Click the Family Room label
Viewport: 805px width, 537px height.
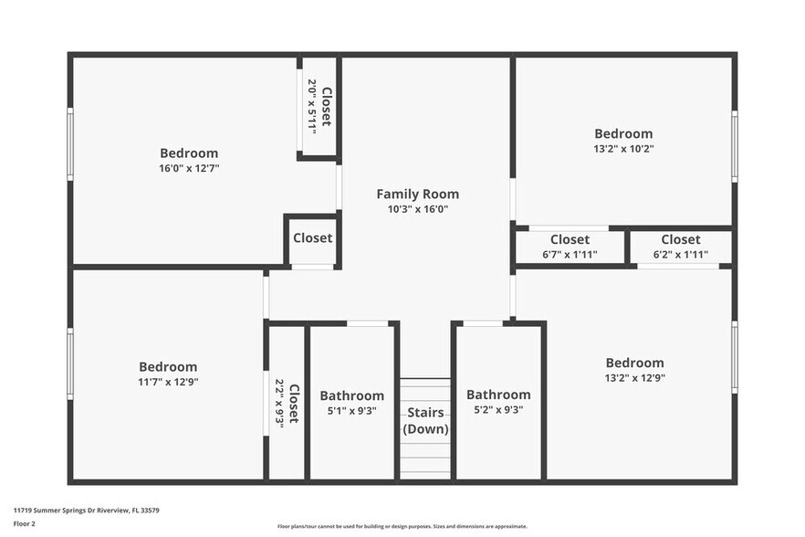tap(417, 194)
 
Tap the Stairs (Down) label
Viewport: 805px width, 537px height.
tap(425, 420)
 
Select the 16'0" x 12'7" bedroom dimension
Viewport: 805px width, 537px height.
tap(189, 168)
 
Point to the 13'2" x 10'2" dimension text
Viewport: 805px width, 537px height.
tap(623, 148)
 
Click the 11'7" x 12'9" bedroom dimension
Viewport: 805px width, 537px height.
tap(168, 382)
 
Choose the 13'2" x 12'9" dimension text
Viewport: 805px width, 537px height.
tap(634, 377)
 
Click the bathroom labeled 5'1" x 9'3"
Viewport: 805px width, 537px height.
tap(351, 403)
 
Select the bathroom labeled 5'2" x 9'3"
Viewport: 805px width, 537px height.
tap(498, 402)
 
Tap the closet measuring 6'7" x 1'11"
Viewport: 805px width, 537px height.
tap(570, 247)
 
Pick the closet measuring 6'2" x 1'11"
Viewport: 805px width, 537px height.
tap(681, 247)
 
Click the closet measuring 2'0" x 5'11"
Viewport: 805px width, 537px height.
tap(319, 107)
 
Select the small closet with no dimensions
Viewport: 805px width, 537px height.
tap(312, 238)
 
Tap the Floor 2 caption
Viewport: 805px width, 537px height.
tap(25, 524)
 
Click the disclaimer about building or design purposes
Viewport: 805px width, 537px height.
tap(402, 527)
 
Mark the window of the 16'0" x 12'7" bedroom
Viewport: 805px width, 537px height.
tap(70, 145)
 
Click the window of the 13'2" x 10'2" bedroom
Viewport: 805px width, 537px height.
tap(734, 146)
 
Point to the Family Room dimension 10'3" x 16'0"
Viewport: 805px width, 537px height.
tap(417, 209)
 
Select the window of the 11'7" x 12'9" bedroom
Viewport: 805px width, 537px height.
tap(70, 363)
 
